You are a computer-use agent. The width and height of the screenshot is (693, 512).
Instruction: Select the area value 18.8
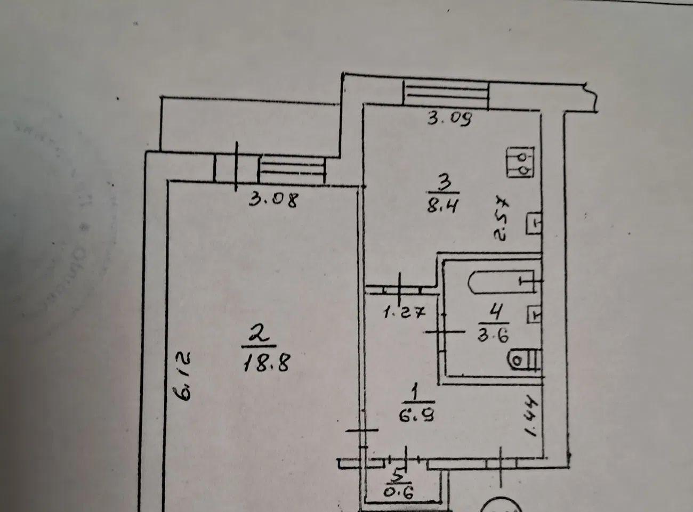click(x=266, y=363)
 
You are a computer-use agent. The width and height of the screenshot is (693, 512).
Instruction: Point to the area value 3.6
click(x=494, y=336)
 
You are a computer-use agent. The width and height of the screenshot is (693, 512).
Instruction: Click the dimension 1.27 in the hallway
click(x=404, y=313)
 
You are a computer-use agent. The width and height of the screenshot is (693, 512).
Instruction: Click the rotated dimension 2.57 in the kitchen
click(x=501, y=218)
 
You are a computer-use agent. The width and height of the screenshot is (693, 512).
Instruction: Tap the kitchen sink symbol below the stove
click(x=534, y=223)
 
